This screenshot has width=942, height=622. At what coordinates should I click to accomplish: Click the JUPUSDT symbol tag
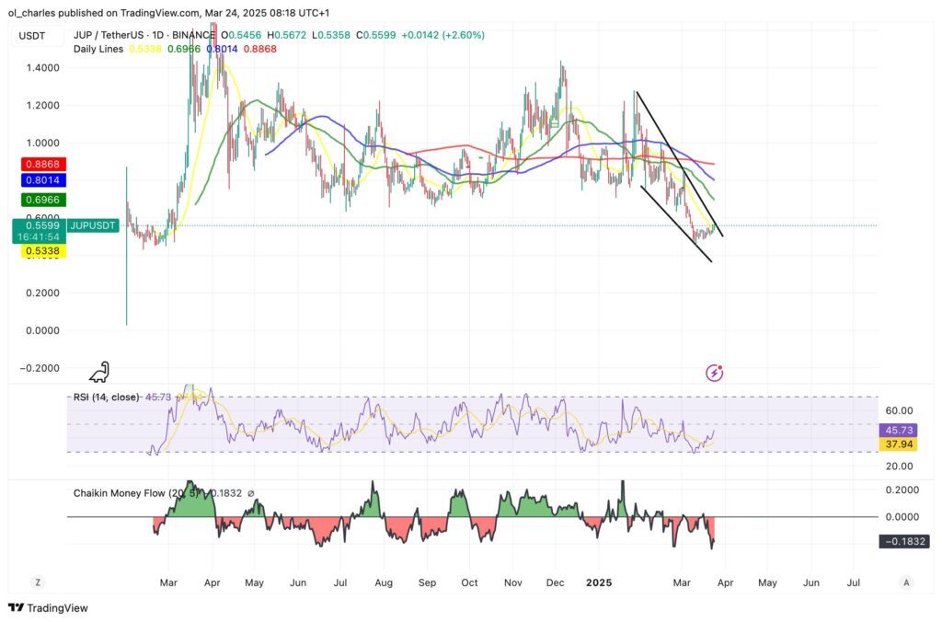pyautogui.click(x=92, y=225)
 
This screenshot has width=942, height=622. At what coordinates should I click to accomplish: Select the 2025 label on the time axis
pyautogui.click(x=599, y=583)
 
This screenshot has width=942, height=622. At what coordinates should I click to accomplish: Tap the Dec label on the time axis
pyautogui.click(x=556, y=583)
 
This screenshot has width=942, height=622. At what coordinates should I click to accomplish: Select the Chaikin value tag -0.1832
pyautogui.click(x=905, y=542)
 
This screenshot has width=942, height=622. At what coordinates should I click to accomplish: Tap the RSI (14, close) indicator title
pyautogui.click(x=107, y=397)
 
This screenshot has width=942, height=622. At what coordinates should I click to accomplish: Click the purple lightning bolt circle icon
pyautogui.click(x=714, y=373)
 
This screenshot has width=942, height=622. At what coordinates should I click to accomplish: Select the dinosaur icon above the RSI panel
pyautogui.click(x=99, y=372)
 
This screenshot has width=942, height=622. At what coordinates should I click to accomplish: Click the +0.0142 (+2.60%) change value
pyautogui.click(x=445, y=35)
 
